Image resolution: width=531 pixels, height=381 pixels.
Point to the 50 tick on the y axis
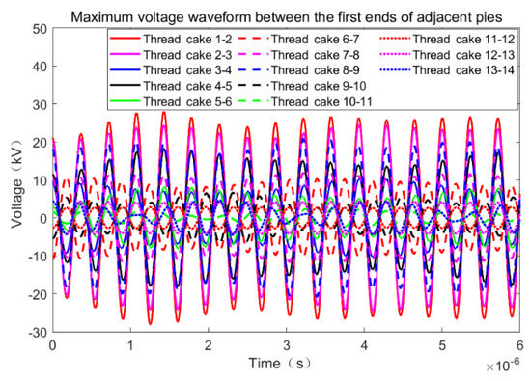(x=39, y=30)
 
